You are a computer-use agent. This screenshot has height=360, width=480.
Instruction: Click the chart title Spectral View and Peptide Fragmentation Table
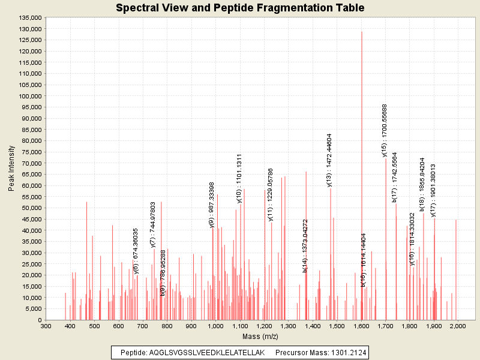pos(240,8)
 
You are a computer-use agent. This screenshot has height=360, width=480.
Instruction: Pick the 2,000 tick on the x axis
pos(458,326)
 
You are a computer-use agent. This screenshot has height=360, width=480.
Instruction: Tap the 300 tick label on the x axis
pos(46,326)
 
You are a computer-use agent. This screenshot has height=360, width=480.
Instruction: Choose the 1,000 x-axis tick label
pos(215,326)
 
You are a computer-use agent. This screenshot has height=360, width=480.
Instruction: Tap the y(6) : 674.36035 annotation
pos(136,251)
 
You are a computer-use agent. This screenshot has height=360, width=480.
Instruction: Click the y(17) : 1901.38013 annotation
pos(433,190)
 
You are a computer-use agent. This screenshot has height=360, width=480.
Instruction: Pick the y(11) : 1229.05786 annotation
pos(270,194)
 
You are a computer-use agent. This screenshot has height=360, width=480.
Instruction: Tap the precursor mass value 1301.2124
pos(344,352)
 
